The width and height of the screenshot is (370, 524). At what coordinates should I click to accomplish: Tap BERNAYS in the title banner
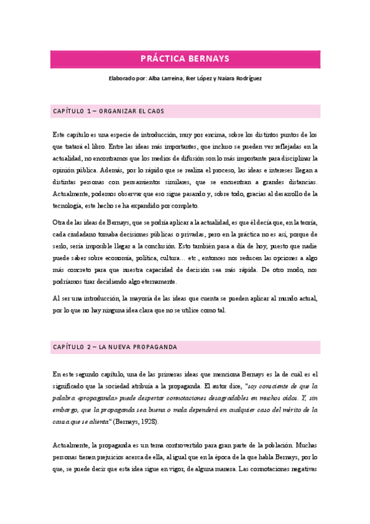(x=210, y=59)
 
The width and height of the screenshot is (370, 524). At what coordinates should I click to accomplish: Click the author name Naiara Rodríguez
(x=245, y=78)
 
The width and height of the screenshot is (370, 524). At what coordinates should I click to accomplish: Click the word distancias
(x=298, y=182)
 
